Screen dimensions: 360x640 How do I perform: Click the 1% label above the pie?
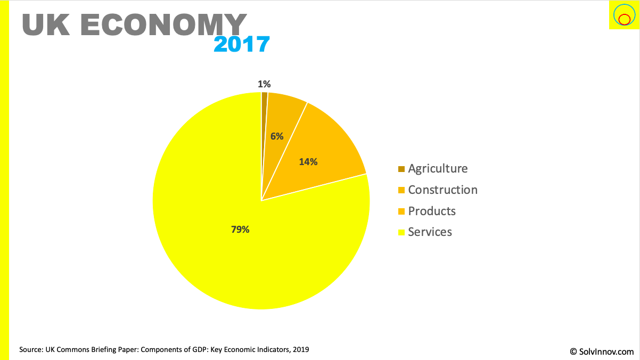[x=264, y=84]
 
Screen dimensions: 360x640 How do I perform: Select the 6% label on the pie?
[x=277, y=136]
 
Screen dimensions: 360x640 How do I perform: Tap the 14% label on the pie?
[x=308, y=162]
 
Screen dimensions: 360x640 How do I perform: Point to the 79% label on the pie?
[x=240, y=230]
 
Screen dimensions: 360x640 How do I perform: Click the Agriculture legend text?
[x=438, y=169]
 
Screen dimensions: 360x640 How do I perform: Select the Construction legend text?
[x=442, y=190]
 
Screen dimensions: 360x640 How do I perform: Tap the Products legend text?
[x=432, y=211]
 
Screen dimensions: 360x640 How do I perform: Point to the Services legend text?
[x=430, y=232]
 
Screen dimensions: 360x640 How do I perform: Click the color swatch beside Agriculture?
[x=401, y=169]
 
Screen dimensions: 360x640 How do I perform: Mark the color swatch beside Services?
[x=401, y=232]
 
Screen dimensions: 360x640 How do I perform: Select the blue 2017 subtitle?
[x=241, y=45]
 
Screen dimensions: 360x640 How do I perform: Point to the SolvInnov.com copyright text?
[x=602, y=351]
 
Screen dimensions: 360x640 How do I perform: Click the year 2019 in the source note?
[x=300, y=350]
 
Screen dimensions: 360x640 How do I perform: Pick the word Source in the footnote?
[x=31, y=350]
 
